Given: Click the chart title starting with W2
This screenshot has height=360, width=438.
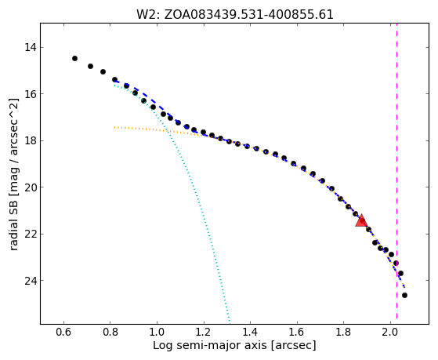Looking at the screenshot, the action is (x=234, y=15).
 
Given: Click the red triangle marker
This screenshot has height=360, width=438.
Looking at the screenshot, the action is (x=361, y=220).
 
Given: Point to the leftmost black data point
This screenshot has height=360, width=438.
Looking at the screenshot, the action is (x=74, y=58).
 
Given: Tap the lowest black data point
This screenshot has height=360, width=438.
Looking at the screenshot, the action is (x=404, y=295).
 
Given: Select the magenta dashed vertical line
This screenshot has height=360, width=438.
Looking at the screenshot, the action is (x=396, y=174).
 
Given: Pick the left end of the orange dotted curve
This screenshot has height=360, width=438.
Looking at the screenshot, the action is (x=114, y=127).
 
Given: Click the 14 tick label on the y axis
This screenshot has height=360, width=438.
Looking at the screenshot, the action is (x=31, y=47).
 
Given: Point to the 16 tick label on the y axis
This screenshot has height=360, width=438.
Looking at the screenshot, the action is (x=31, y=93).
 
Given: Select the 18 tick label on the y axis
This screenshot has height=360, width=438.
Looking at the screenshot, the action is (x=31, y=140).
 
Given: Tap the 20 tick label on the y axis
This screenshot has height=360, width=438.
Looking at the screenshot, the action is (x=31, y=187).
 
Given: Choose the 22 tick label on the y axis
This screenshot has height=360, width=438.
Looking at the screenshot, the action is (x=31, y=234).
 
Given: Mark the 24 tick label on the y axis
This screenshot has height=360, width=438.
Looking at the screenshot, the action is (x=31, y=280).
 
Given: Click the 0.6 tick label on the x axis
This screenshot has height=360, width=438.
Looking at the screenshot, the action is (x=63, y=332).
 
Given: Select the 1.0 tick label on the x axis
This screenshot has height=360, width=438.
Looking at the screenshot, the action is (x=157, y=332).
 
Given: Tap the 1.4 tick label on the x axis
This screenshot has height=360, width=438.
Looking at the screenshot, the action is (x=250, y=332).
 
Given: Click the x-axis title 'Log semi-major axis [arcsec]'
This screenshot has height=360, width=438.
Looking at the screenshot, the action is (x=234, y=346).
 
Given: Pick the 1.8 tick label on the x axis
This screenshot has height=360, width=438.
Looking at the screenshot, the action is (x=343, y=332).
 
